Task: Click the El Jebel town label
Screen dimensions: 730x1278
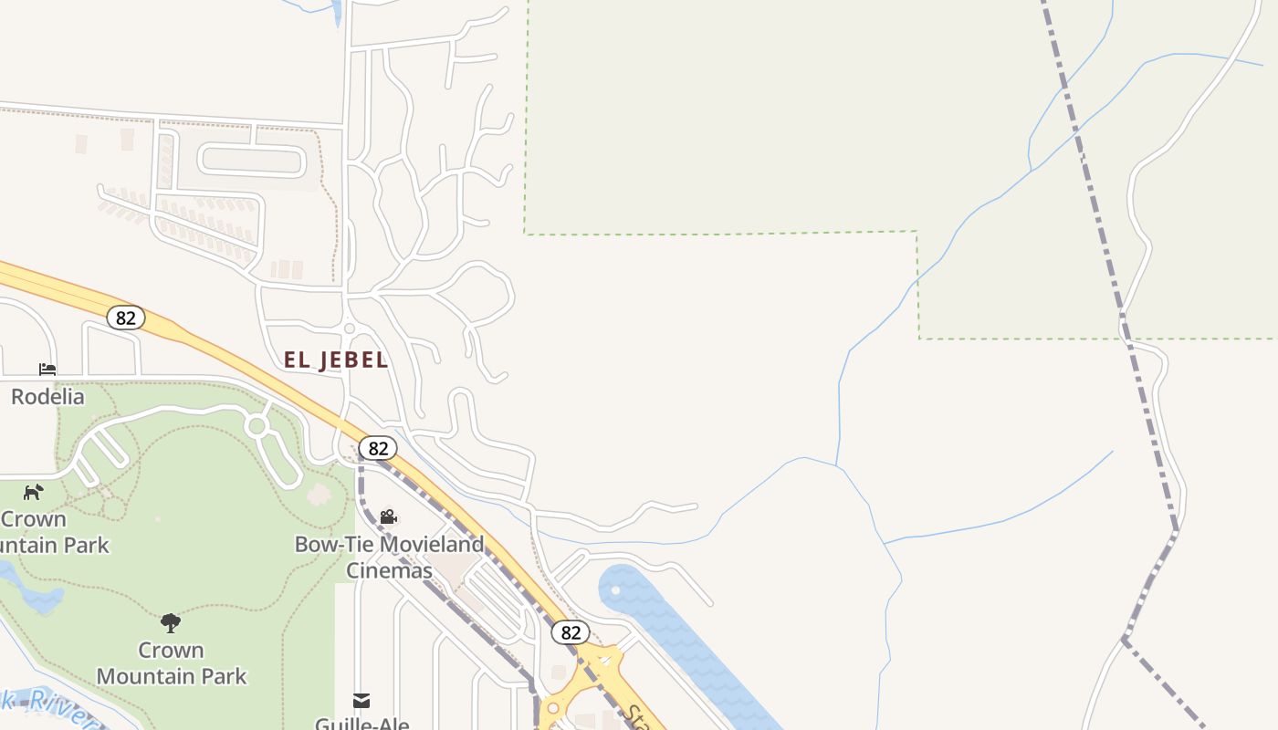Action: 336,360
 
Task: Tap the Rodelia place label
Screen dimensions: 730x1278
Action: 47,397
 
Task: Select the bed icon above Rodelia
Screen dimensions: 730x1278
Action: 47,370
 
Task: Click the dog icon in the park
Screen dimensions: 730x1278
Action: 34,493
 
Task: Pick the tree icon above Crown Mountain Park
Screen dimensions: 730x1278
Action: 171,623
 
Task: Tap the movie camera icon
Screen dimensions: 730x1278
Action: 388,517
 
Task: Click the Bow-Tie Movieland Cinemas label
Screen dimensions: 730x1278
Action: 389,557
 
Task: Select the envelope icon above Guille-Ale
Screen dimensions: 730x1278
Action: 361,701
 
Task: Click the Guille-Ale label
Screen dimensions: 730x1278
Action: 361,723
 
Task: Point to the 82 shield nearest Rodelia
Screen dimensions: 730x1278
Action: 126,318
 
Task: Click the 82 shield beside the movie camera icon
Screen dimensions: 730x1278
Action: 378,448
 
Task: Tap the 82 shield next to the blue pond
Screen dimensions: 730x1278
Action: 571,632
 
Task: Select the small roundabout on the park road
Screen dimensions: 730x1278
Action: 257,426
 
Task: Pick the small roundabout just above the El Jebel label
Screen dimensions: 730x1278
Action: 349,328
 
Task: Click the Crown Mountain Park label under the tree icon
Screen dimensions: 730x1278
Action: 172,663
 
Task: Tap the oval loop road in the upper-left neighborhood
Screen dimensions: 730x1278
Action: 251,162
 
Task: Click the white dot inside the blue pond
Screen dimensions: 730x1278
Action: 615,590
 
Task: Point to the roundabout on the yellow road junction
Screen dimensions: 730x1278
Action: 552,708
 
